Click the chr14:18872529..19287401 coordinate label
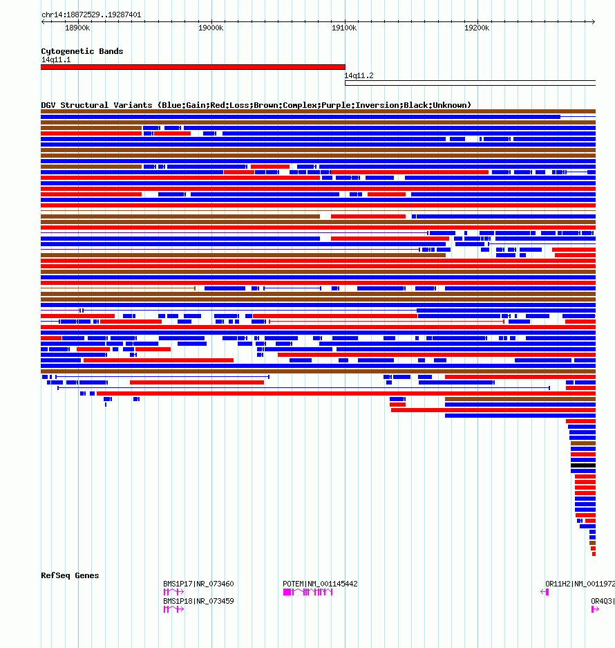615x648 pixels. (91, 15)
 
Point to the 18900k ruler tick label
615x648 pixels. (77, 28)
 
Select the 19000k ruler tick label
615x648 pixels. (211, 28)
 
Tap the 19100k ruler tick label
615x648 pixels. (344, 28)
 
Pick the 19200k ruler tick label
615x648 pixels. (477, 28)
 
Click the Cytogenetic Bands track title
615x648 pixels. (82, 51)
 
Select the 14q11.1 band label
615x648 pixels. (55, 60)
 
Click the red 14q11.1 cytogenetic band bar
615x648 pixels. (193, 67)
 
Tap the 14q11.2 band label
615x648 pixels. (359, 76)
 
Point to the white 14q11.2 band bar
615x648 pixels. (470, 83)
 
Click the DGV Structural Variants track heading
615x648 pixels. (256, 105)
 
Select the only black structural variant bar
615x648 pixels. (583, 465)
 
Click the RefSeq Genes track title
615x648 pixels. (70, 575)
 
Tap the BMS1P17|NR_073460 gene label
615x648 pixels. (198, 584)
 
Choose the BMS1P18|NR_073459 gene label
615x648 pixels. (198, 601)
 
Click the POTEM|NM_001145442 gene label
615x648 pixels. (320, 584)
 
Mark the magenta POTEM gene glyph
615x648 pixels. (308, 593)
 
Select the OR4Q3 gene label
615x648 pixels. (602, 601)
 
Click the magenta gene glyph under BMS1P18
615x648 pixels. (173, 609)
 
